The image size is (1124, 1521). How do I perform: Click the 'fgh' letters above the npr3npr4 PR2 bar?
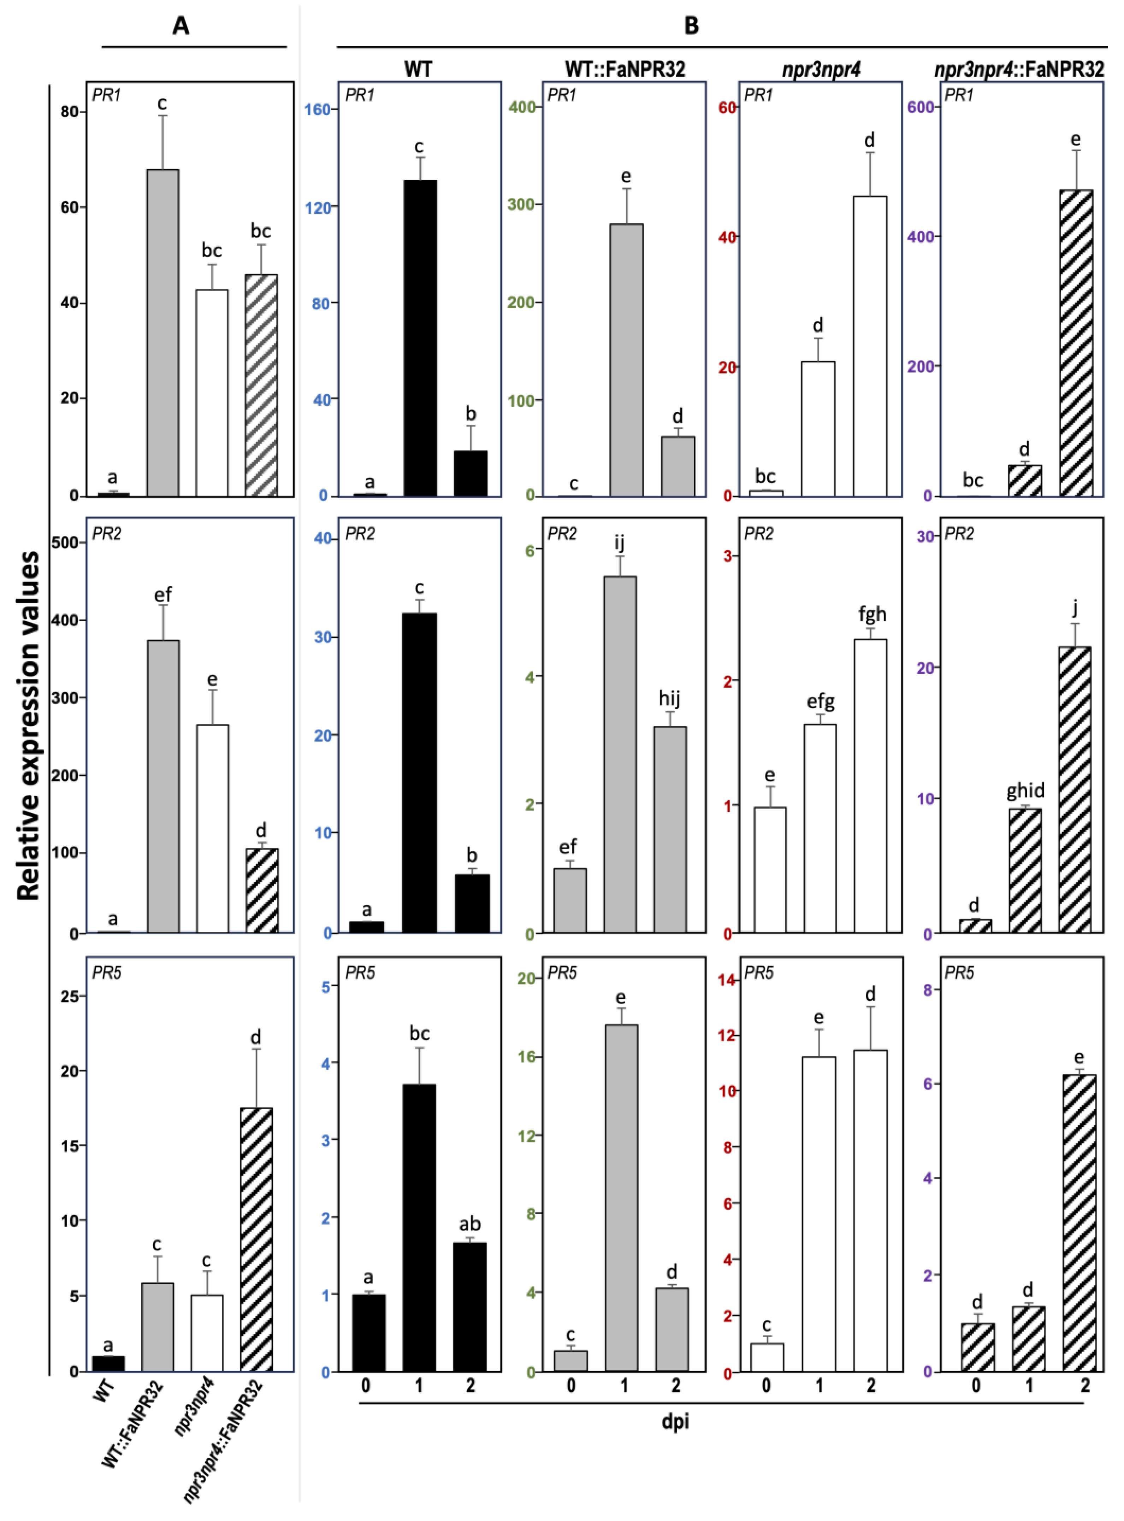[871, 615]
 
